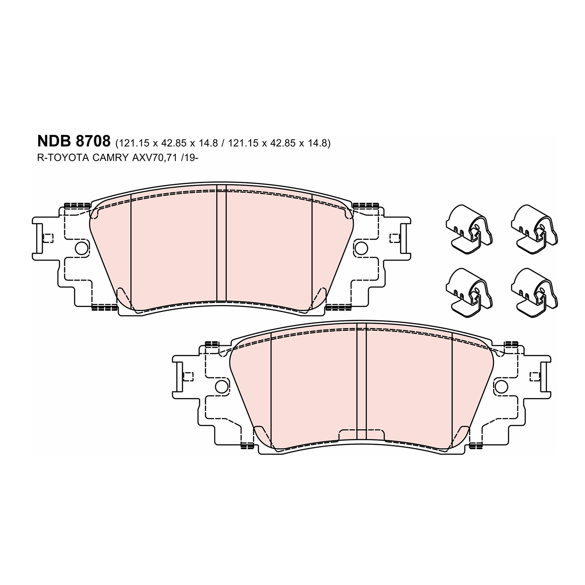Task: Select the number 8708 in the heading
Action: tap(93, 141)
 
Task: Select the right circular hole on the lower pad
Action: tap(501, 386)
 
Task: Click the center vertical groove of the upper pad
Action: tap(221, 244)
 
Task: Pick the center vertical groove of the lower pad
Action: tap(361, 382)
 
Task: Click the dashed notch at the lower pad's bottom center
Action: tap(361, 434)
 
